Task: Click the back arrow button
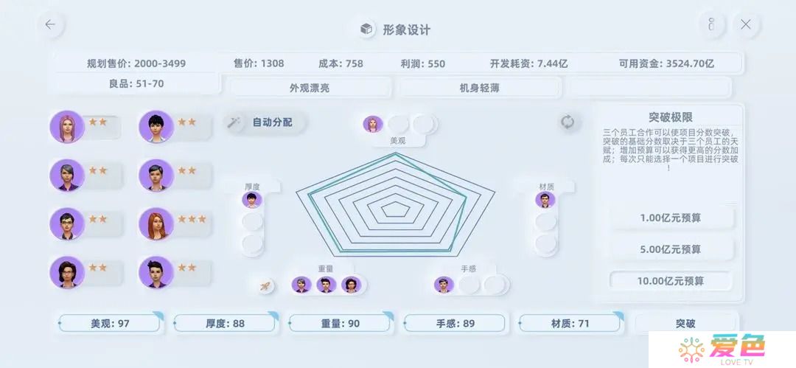[50, 24]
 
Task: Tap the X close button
[745, 24]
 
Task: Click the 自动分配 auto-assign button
[265, 122]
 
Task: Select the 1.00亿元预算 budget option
[670, 218]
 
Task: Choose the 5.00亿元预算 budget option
[670, 249]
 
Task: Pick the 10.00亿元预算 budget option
[670, 281]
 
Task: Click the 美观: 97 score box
[110, 323]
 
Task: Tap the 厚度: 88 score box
[225, 323]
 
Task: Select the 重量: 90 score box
[340, 323]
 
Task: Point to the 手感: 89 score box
[455, 323]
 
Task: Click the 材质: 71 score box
[570, 323]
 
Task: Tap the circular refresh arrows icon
[567, 122]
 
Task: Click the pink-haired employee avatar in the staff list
[66, 127]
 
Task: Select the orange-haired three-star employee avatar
[156, 223]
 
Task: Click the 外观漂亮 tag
[309, 88]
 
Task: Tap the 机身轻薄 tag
[479, 88]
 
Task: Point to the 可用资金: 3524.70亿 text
[666, 63]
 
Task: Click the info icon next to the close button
[711, 24]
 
